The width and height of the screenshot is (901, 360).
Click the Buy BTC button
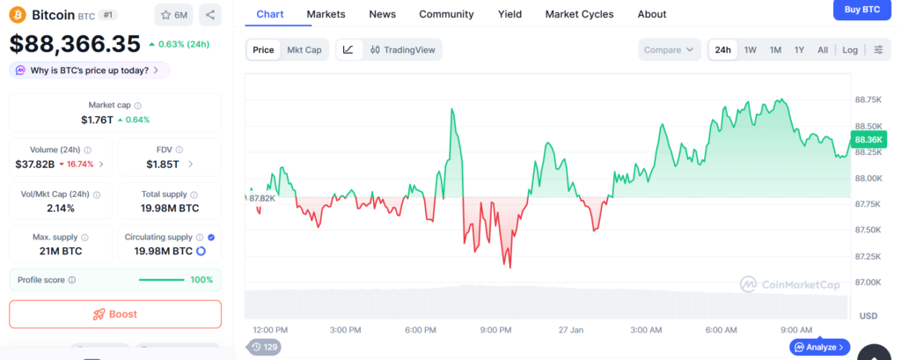tap(862, 9)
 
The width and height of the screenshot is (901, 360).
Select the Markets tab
tap(326, 14)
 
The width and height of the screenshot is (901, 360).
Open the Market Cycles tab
tap(591, 14)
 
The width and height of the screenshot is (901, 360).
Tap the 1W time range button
tap(751, 50)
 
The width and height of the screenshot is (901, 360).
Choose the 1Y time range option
tap(799, 50)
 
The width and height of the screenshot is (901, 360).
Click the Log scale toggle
tap(850, 50)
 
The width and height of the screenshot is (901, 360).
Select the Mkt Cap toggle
tap(304, 50)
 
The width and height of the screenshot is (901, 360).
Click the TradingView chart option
tap(403, 50)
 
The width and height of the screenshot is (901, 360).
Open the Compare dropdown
tap(669, 50)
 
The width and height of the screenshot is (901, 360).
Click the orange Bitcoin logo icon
tap(18, 15)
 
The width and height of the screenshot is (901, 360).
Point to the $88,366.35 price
tap(75, 44)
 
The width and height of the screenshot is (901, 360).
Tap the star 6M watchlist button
tap(173, 15)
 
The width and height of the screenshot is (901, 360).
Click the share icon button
tap(210, 15)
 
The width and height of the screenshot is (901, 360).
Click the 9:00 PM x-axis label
tap(496, 330)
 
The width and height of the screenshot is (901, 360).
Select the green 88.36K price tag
tap(868, 140)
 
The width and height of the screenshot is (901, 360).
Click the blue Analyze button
tap(819, 348)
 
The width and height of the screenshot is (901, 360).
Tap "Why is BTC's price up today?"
tap(89, 70)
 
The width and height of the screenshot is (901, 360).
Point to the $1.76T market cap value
tap(97, 120)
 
